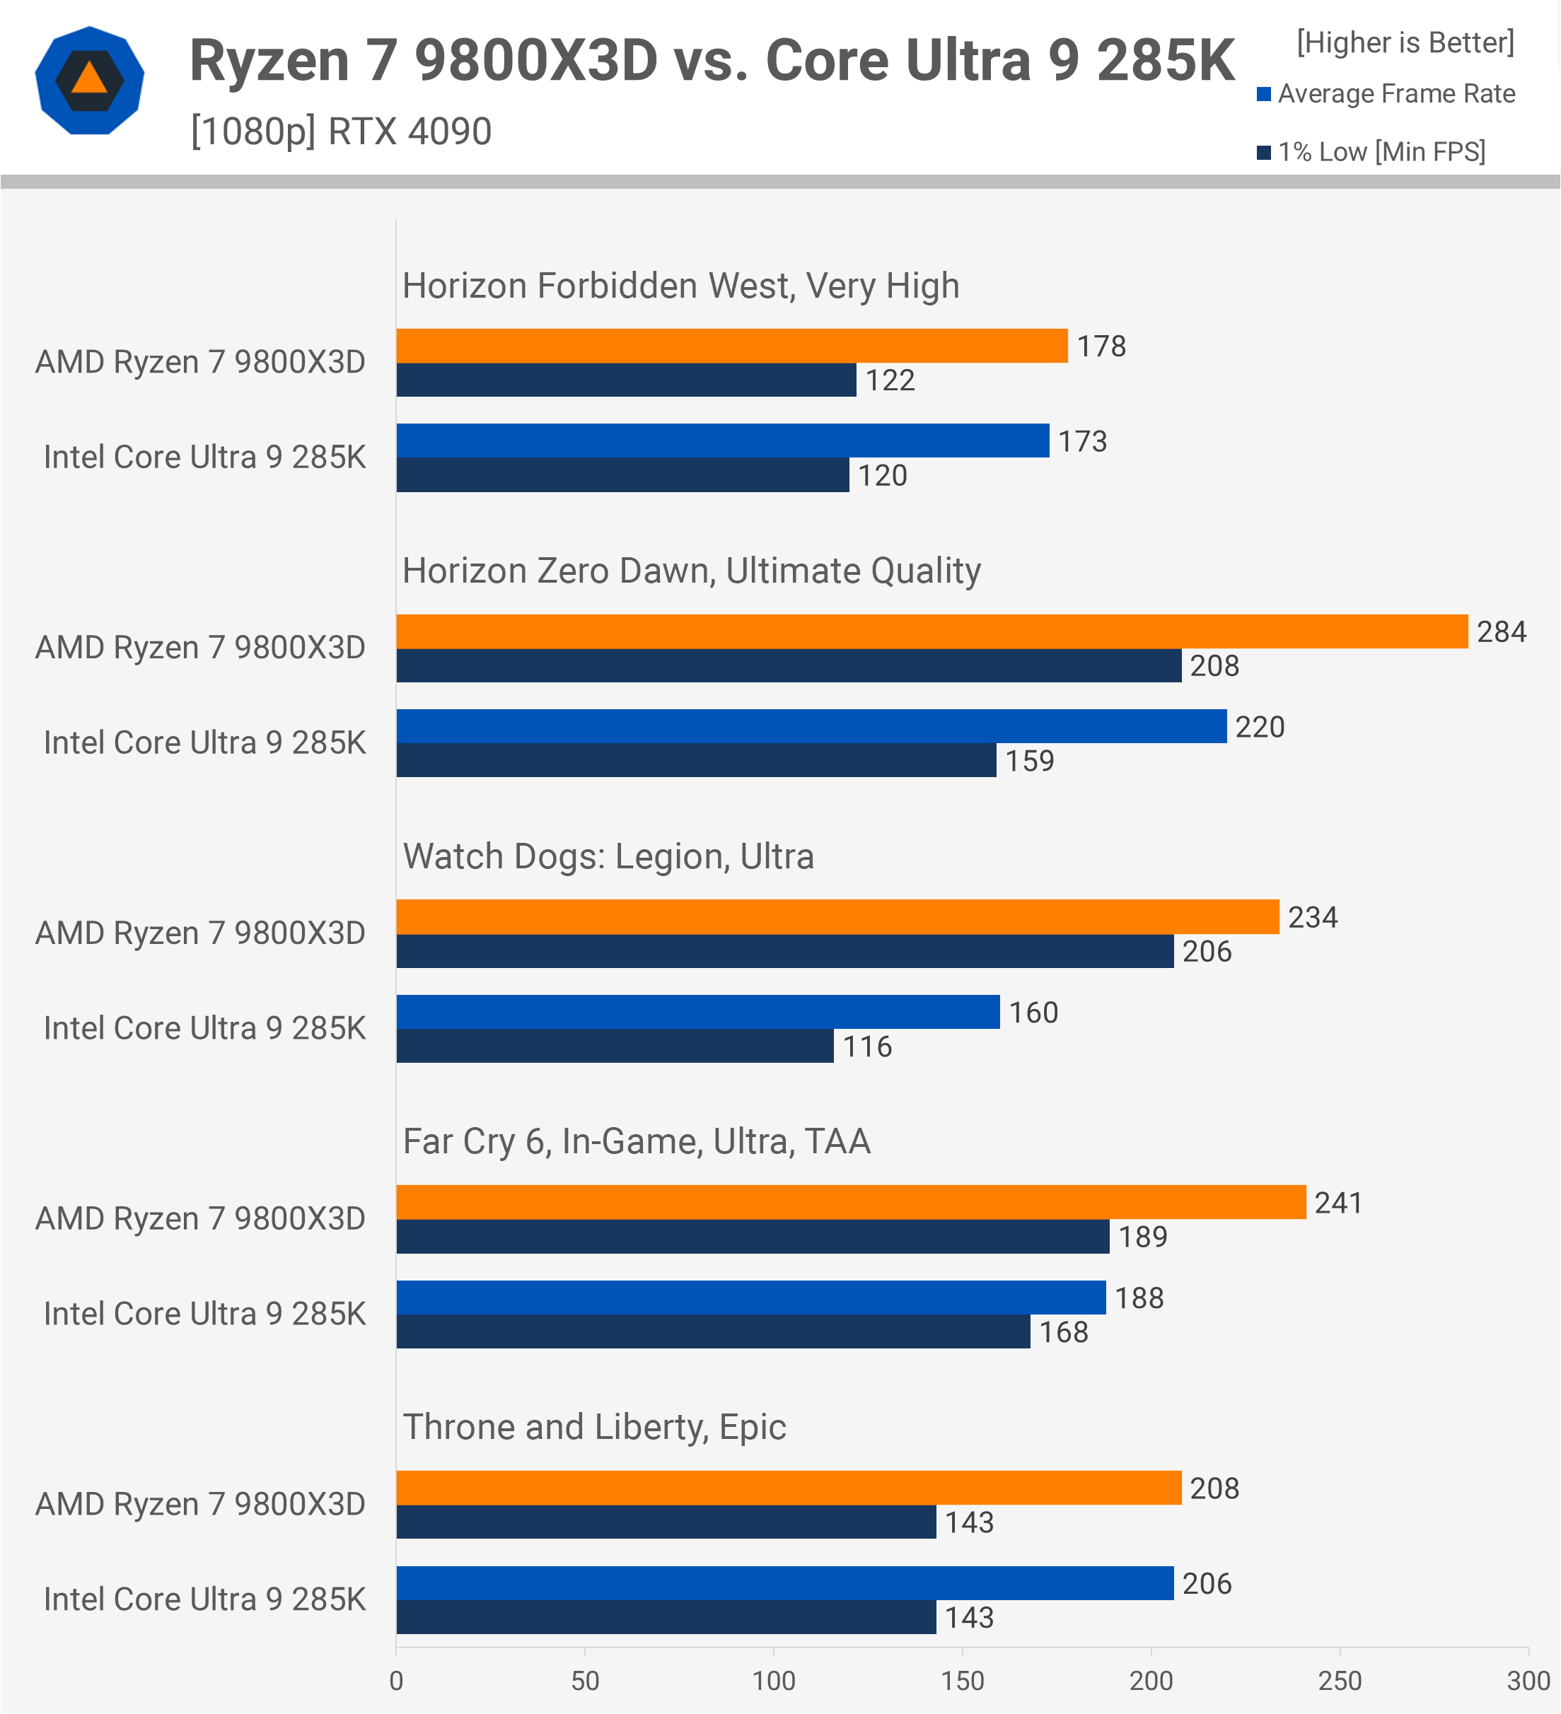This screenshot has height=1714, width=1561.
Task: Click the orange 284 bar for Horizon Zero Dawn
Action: pos(931,631)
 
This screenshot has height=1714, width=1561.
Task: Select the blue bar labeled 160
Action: pos(697,1012)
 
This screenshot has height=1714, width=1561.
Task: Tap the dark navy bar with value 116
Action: pos(614,1046)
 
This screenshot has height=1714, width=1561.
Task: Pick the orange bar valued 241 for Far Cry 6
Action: pos(850,1202)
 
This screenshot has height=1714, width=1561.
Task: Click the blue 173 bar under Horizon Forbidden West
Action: pos(723,441)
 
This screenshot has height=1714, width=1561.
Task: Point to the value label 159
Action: pos(1030,761)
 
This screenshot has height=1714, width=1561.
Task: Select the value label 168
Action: pos(1064,1332)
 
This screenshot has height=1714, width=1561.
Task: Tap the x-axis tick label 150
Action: pos(963,1681)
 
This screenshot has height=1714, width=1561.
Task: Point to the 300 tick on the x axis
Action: pos(1528,1681)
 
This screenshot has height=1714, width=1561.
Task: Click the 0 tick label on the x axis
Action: pos(396,1681)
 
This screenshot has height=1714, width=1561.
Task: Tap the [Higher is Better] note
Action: pos(1405,42)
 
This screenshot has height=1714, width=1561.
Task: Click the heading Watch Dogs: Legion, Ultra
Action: pos(608,856)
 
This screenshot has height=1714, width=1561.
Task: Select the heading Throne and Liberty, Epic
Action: pos(594,1428)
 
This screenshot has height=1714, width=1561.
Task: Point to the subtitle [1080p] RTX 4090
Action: pos(341,132)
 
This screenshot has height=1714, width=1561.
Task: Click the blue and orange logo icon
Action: pos(89,81)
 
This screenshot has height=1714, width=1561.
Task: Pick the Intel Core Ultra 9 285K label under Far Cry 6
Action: pos(204,1314)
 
